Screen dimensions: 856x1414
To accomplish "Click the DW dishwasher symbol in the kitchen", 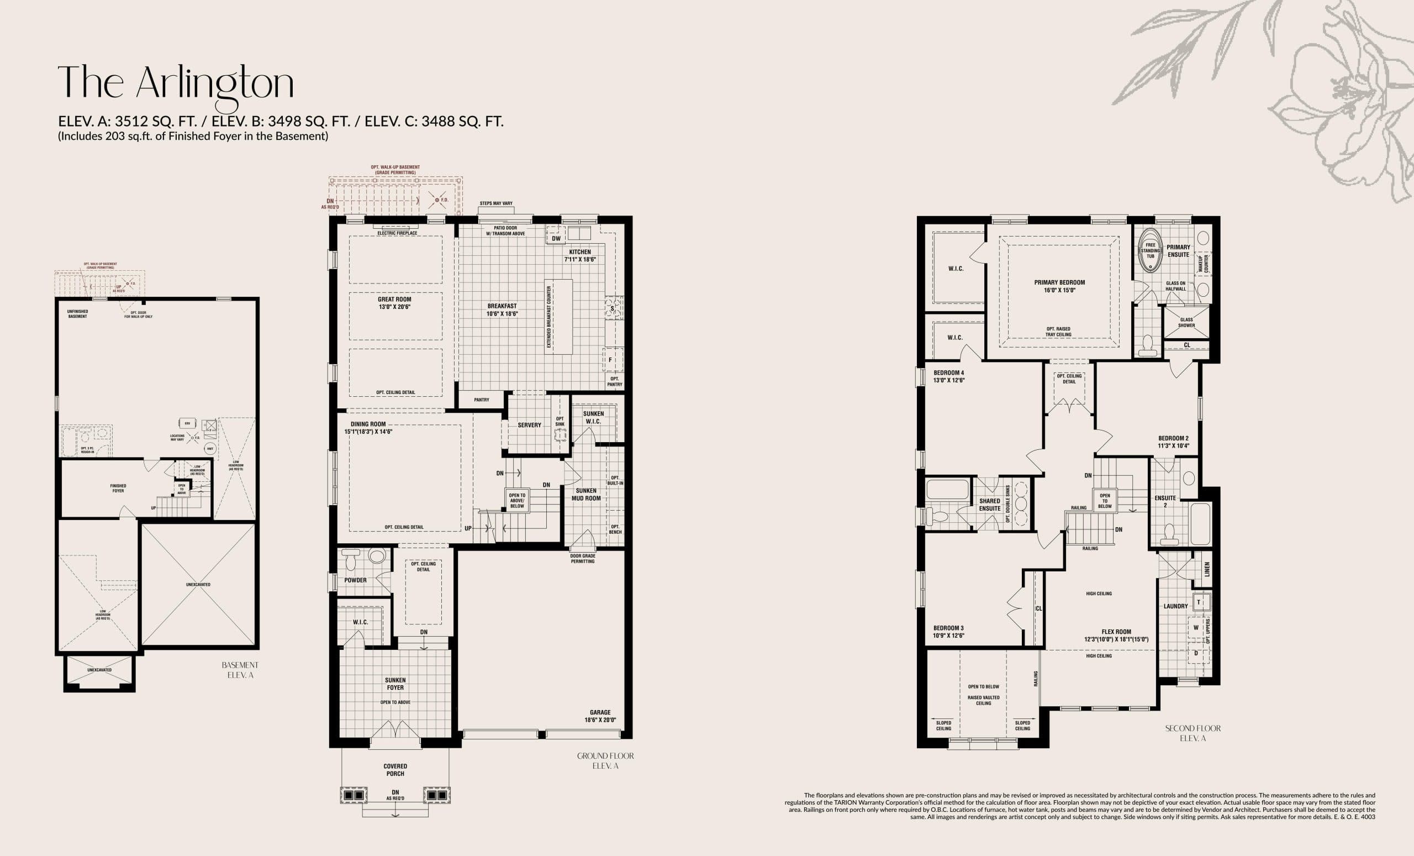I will (556, 239).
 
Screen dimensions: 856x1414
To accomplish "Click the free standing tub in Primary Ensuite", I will (1150, 251).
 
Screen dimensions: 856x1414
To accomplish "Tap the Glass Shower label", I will (1186, 322).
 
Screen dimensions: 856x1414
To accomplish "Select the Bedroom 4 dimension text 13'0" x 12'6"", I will (948, 380).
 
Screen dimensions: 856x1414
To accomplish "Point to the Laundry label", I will (1175, 606).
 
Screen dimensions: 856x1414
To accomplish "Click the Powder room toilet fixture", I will (351, 560).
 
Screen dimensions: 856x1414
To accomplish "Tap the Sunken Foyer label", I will (395, 684).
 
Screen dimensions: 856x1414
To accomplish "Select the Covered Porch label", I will (395, 770).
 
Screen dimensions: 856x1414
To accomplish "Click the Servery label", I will (529, 426).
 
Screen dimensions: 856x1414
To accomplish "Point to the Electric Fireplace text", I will (397, 233).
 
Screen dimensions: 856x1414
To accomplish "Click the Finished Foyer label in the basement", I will (118, 488).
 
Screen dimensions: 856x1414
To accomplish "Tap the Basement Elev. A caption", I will (240, 670).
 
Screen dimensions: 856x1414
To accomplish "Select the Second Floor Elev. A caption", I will (1193, 733).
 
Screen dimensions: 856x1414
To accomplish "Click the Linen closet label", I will (1207, 570).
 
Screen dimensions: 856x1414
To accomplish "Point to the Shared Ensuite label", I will (989, 505).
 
